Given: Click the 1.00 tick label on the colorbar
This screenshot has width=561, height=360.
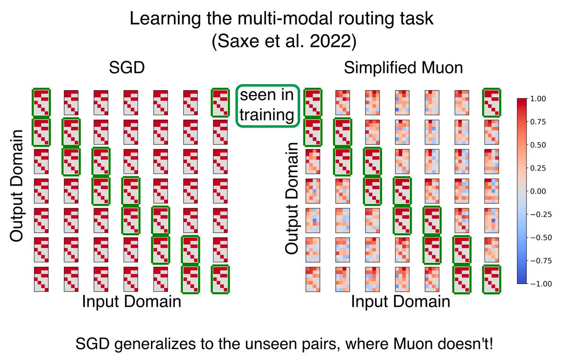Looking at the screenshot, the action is (x=538, y=99).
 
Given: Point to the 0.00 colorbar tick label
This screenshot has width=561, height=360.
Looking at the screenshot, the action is (x=538, y=191).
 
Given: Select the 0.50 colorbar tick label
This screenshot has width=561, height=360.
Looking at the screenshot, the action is (x=538, y=145).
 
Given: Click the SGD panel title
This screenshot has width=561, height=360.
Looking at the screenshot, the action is (x=127, y=68).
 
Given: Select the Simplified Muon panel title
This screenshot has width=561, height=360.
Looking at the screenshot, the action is (x=403, y=68).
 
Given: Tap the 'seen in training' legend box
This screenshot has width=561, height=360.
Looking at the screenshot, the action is (x=267, y=106).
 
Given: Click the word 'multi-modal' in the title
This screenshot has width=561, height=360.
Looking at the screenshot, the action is (x=285, y=19).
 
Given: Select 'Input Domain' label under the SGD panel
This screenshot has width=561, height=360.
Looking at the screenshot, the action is (x=131, y=301).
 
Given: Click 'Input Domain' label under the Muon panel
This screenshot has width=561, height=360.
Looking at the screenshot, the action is (x=401, y=301).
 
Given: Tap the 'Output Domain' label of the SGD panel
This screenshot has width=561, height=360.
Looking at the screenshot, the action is (x=16, y=186).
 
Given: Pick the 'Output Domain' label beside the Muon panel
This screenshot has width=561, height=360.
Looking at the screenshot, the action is (x=292, y=198).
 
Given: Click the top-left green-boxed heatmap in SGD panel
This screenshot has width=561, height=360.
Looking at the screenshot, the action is (x=41, y=102).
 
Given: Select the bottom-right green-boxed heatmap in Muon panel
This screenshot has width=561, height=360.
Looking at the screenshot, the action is (x=491, y=279).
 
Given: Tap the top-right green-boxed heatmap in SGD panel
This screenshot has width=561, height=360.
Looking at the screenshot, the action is (x=220, y=102).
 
